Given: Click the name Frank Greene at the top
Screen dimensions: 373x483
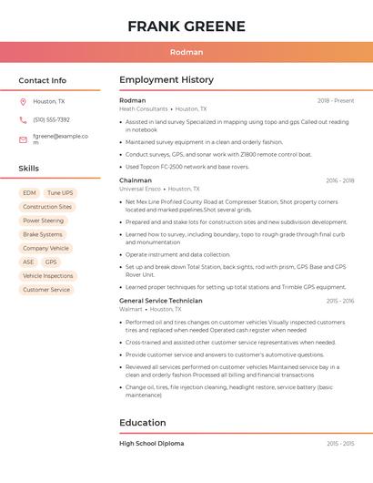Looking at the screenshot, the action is click(x=186, y=26).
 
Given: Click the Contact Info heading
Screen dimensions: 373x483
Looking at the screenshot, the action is click(x=43, y=80).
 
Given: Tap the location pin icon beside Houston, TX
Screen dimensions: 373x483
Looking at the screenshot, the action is click(x=23, y=102).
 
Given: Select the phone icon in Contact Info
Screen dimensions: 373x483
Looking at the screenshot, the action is click(x=23, y=120).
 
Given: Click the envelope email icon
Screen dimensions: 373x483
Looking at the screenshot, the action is click(x=23, y=139).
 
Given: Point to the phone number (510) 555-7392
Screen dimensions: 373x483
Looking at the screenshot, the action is click(x=51, y=120).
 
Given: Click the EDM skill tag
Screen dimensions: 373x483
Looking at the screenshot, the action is click(x=29, y=193).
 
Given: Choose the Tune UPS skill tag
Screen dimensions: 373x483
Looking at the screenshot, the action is click(x=60, y=193).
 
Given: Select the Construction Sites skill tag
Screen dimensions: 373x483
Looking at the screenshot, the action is click(x=46, y=207).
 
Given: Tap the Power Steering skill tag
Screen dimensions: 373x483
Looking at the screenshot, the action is click(x=43, y=221).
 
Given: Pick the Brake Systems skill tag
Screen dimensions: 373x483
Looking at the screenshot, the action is click(x=43, y=234).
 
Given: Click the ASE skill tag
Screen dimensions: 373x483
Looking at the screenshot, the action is click(x=28, y=262).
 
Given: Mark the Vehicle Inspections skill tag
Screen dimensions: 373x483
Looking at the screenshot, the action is click(x=47, y=276).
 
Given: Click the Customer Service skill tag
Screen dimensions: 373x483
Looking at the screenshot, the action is click(x=45, y=290).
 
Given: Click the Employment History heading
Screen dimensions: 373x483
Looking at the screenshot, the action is click(x=166, y=80).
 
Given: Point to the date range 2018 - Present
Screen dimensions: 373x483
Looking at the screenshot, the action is click(x=336, y=100).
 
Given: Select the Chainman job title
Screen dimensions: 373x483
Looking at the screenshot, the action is click(x=136, y=180).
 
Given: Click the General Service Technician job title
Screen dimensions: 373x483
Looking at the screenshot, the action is click(x=161, y=301).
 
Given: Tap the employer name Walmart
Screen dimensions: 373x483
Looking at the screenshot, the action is click(x=131, y=310).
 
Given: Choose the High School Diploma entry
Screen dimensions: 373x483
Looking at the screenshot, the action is click(x=152, y=443).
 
